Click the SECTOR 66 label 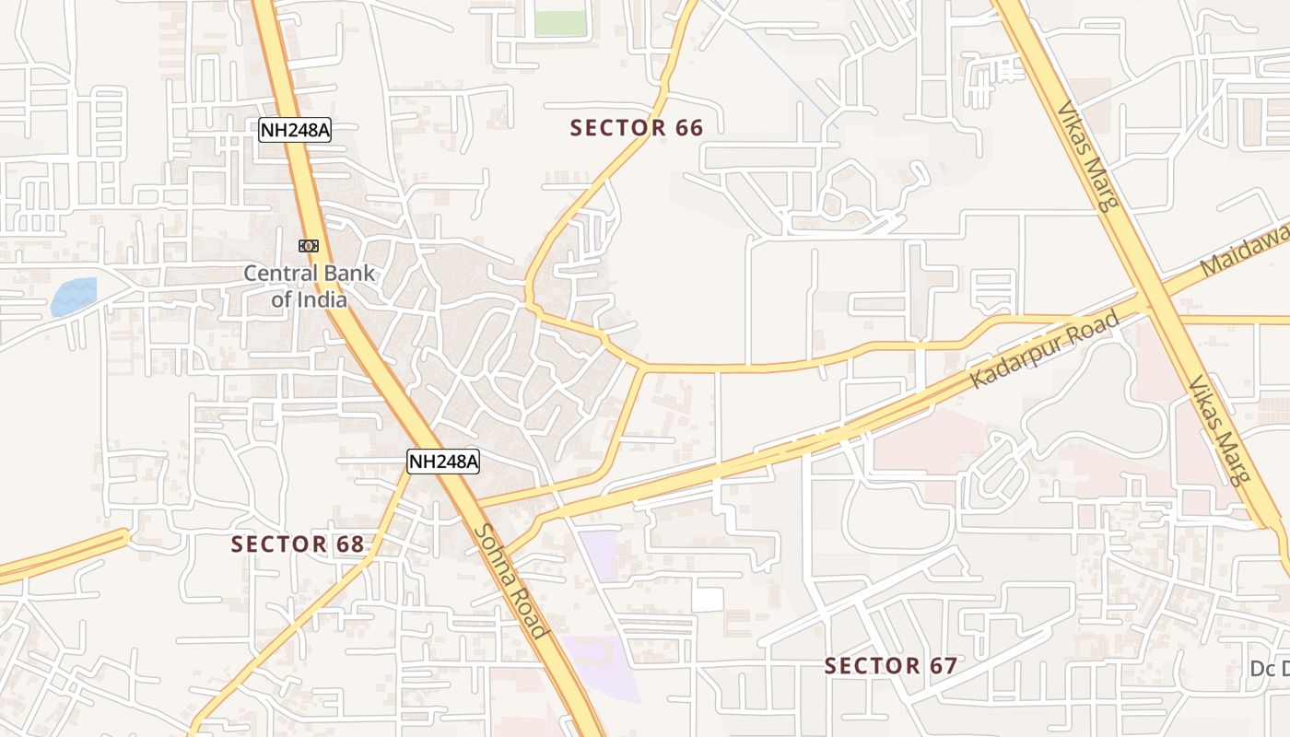pyautogui.click(x=637, y=128)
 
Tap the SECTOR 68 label pyautogui.click(x=298, y=544)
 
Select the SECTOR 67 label pyautogui.click(x=890, y=666)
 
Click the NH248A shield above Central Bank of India pyautogui.click(x=294, y=130)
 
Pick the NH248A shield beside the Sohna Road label pyautogui.click(x=443, y=462)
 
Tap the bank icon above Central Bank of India pyautogui.click(x=309, y=245)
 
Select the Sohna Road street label pyautogui.click(x=511, y=580)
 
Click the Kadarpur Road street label pyautogui.click(x=1046, y=350)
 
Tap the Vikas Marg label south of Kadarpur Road pyautogui.click(x=1219, y=431)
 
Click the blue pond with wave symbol pyautogui.click(x=74, y=296)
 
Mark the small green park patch pyautogui.click(x=560, y=23)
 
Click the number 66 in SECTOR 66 pyautogui.click(x=688, y=128)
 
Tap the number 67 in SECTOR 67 pyautogui.click(x=941, y=666)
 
